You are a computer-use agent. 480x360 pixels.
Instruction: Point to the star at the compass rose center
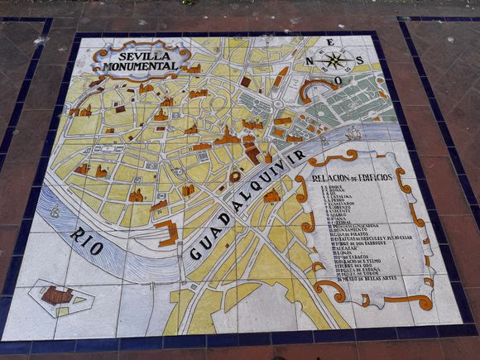334,60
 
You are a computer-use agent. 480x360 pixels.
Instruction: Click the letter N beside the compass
310,60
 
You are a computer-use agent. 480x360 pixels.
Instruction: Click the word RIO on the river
88,241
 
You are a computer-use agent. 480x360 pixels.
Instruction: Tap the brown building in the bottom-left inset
56,295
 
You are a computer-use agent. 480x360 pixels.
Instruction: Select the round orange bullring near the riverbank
235,176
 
